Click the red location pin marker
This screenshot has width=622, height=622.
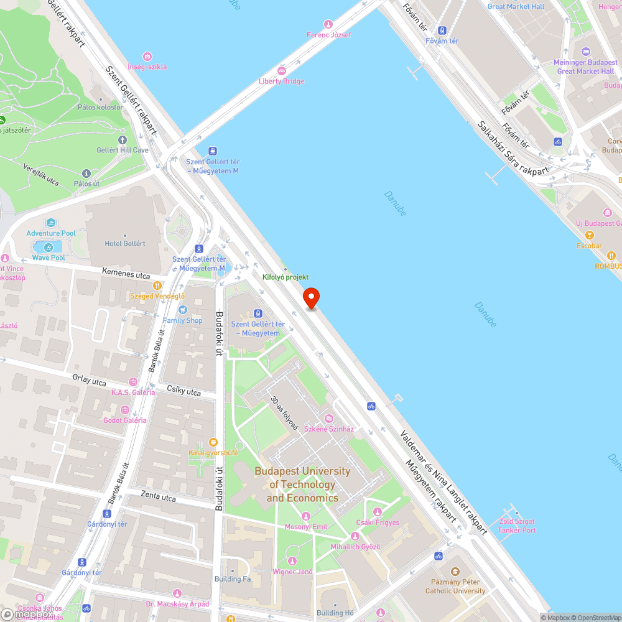pos(311,298)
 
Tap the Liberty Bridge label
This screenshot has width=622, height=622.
pos(282,81)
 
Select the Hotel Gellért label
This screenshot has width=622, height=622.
pos(125,243)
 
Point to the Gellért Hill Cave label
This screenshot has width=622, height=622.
pos(123,150)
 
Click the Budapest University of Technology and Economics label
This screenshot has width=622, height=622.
pos(302,485)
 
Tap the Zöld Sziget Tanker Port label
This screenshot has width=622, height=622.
pos(516,526)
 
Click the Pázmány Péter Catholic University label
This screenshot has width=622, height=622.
pos(455,587)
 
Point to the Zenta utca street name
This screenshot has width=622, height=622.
pos(158,498)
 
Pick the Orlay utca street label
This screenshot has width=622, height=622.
pos(89,379)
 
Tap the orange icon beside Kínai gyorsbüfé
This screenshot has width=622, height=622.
pos(213,442)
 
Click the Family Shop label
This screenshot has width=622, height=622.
pos(182,320)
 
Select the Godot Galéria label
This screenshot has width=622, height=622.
pos(125,420)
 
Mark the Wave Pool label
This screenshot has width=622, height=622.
pos(49,258)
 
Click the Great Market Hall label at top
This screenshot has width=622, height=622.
pos(516,6)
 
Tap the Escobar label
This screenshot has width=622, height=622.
pos(588,246)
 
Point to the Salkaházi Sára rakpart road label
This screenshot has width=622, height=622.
pos(513,147)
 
